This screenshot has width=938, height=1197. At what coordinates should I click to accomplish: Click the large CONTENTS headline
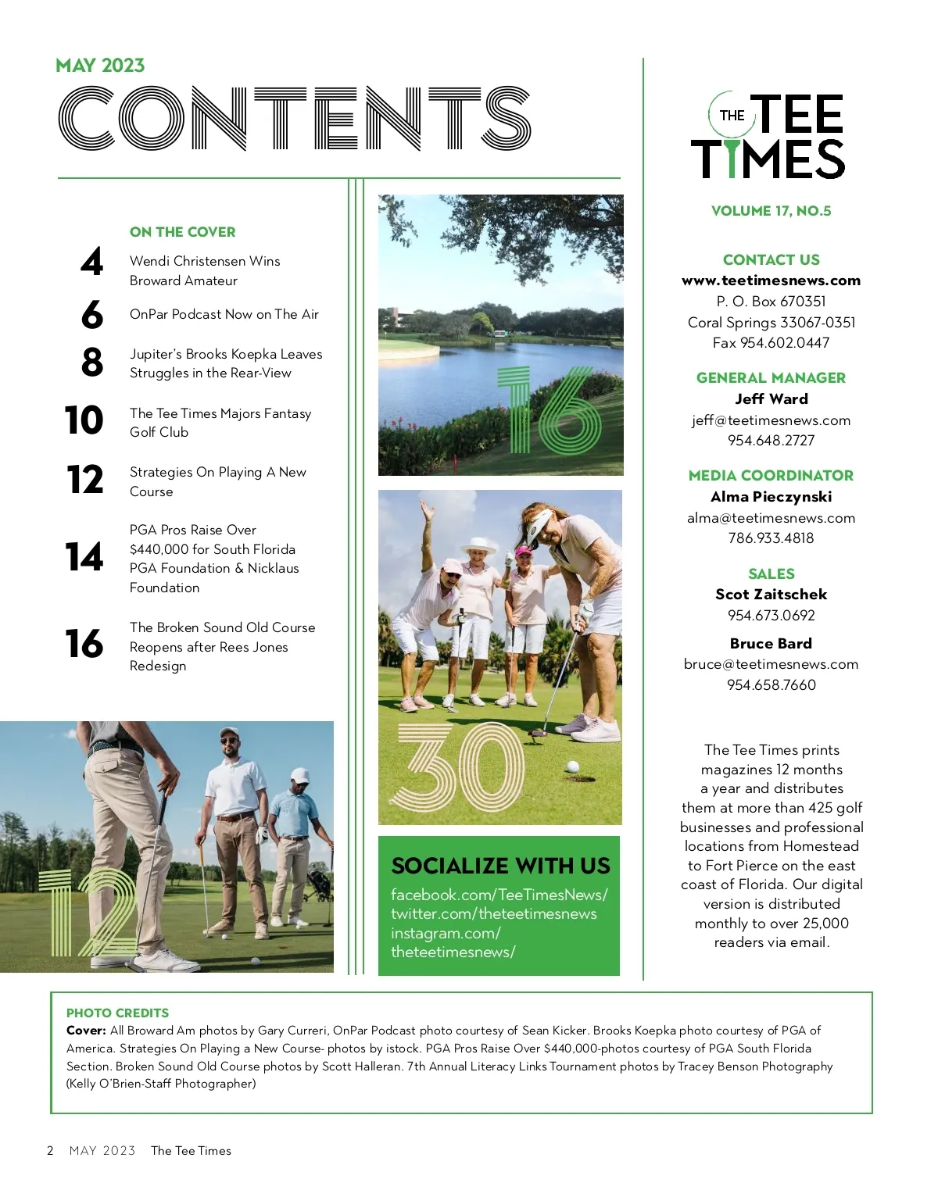294,118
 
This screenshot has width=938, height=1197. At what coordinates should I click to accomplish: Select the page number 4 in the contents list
91,263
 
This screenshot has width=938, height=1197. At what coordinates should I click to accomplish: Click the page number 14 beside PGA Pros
84,557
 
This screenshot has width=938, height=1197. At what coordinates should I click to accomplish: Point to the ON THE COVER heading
182,232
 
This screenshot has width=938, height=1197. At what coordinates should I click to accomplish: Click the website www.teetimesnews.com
771,280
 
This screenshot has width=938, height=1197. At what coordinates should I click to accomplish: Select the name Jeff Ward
771,398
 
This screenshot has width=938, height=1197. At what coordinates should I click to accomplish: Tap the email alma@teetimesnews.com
771,518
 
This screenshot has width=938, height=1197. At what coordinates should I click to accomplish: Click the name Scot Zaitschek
771,594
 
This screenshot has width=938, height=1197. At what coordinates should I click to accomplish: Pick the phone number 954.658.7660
771,685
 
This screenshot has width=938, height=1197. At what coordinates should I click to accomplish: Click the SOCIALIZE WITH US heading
500,866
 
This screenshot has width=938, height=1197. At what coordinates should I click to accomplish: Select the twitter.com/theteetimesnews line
493,914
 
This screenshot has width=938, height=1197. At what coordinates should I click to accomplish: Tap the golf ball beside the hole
572,767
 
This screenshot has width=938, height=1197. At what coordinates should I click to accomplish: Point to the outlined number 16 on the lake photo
549,412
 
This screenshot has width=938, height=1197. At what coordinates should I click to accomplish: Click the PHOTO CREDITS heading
117,1013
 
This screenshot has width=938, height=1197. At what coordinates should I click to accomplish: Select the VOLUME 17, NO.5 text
771,211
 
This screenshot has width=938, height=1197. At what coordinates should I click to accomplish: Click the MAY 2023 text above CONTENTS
100,66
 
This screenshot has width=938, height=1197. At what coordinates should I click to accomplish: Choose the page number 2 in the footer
50,1151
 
